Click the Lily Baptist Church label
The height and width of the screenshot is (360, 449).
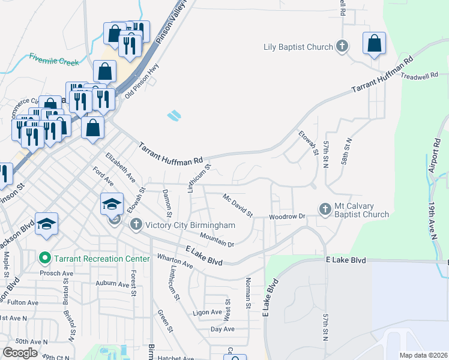(298, 47)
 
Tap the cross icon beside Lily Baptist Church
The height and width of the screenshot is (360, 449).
(342, 46)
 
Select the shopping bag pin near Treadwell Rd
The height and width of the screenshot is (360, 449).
(374, 43)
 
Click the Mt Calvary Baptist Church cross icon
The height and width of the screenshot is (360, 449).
(325, 209)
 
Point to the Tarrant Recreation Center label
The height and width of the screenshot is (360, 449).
(101, 259)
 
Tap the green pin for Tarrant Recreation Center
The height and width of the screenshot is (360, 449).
(44, 259)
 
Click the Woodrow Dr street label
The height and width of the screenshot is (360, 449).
(288, 216)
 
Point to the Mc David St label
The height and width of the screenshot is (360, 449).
(237, 205)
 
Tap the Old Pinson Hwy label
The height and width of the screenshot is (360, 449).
(137, 81)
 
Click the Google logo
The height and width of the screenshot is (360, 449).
(20, 353)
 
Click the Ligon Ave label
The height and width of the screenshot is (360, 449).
(208, 313)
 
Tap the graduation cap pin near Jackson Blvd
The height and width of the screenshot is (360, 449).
(46, 223)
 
